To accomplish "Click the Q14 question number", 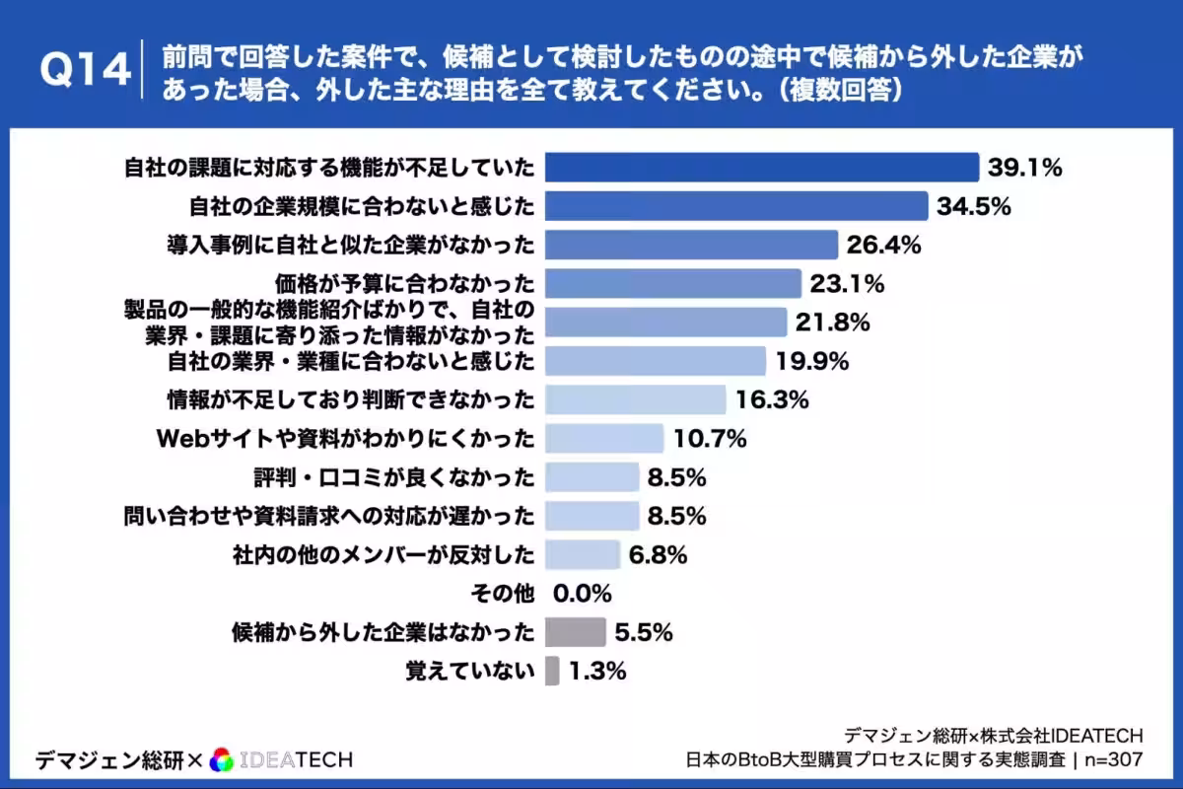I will (84, 72).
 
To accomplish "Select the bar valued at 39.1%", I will (761, 168).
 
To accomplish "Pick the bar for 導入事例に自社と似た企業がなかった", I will (690, 246).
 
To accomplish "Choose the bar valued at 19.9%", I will (655, 361).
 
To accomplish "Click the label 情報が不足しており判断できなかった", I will (351, 399).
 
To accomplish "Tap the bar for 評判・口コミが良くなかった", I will (591, 477).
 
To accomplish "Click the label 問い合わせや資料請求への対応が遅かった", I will (329, 516).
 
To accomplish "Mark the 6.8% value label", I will (658, 555).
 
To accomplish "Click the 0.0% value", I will (583, 594).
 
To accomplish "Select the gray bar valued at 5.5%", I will (575, 632).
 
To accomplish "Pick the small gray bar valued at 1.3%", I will (552, 672).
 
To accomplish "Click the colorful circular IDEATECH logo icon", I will (223, 759).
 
